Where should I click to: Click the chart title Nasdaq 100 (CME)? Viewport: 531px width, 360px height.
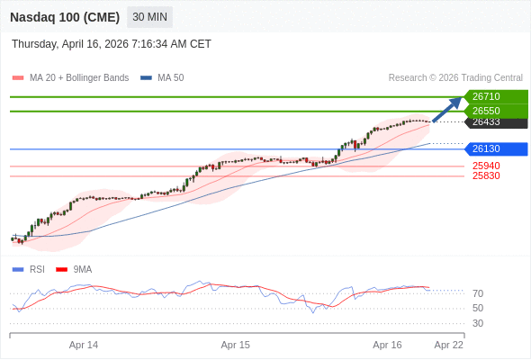tap(64, 17)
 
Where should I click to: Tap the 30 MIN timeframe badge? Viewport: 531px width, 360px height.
tap(149, 17)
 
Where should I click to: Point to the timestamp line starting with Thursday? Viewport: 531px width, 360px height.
tap(112, 43)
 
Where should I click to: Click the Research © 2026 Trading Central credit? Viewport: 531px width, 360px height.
tap(455, 77)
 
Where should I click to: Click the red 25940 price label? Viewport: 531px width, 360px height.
tap(486, 166)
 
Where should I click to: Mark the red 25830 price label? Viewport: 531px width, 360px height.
tap(486, 175)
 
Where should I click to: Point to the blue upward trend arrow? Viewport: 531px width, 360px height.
tap(447, 109)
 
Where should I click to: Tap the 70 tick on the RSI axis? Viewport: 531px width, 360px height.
tap(478, 293)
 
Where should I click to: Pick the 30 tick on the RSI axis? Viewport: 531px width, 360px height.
tap(478, 323)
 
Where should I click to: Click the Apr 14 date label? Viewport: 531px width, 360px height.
tap(84, 345)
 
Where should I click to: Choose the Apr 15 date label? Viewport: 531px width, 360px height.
tap(236, 345)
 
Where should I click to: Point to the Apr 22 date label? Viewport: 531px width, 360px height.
tap(449, 345)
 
